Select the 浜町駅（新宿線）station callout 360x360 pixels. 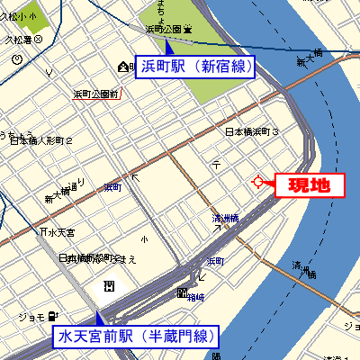tap(195, 66)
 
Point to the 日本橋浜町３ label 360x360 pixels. tap(252, 132)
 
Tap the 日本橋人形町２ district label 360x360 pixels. tap(40, 140)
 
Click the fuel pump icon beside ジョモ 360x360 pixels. tap(53, 316)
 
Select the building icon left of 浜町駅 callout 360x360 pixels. tap(123, 67)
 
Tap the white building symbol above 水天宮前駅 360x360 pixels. tap(109, 285)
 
